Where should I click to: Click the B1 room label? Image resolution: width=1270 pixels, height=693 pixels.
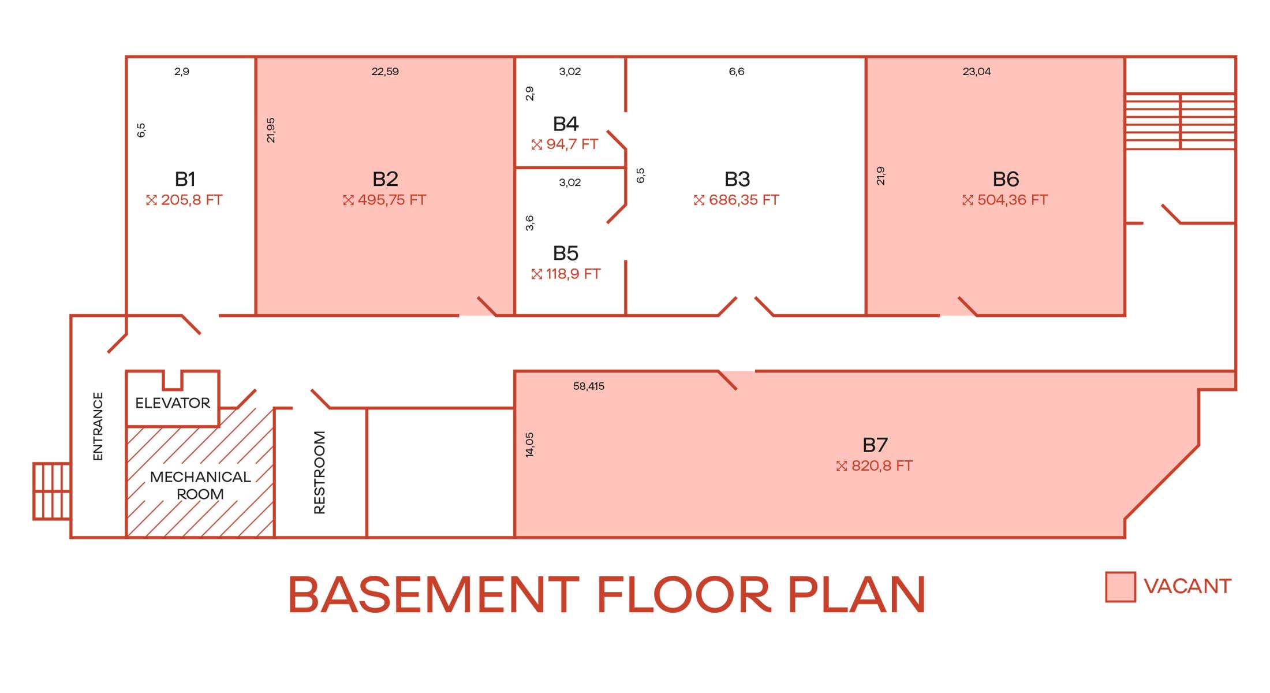coord(185,179)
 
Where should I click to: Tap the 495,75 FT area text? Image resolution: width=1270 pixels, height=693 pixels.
coord(391,200)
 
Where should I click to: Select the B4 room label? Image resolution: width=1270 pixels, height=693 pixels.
coord(566,124)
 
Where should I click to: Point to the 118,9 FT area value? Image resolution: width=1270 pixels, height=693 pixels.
coord(573,274)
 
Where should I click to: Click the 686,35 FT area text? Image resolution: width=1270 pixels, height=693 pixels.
coord(744,200)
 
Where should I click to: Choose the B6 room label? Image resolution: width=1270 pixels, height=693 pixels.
coord(1006,179)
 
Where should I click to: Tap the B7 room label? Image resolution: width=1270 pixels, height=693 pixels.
coord(875,445)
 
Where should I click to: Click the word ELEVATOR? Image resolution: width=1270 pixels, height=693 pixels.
coord(173,403)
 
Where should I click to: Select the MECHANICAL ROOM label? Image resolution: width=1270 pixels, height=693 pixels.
coord(200,485)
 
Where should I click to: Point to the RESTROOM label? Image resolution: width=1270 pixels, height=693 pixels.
coord(319,472)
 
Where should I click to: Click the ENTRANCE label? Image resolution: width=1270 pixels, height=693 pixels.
coord(98,426)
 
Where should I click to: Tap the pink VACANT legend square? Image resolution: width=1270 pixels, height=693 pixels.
coord(1120,587)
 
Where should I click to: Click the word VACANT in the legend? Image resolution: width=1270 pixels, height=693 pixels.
coord(1187,586)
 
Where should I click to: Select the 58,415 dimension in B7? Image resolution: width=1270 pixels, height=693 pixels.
coord(589,386)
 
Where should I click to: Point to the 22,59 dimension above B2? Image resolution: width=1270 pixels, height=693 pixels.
coord(385,72)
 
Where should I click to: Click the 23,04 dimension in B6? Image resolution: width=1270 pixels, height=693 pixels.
coord(977,72)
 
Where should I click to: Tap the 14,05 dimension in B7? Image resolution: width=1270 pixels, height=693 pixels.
coord(530,445)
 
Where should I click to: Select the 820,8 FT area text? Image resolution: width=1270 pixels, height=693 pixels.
coord(882,465)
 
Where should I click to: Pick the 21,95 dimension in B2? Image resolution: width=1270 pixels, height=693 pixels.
coord(271,130)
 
